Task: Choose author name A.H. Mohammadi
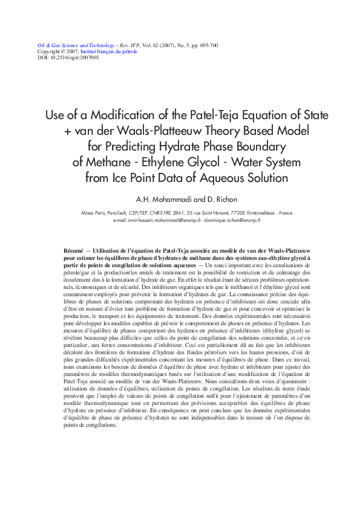pos(161,199)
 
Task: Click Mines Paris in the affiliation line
pos(93,213)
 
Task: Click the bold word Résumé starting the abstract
pos(75,250)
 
